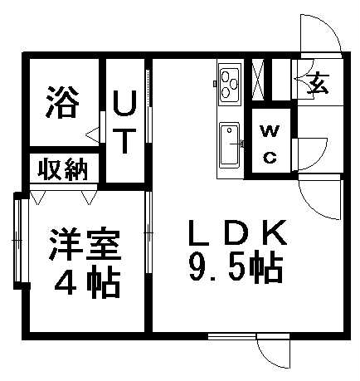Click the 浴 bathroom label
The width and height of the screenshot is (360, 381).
[63, 102]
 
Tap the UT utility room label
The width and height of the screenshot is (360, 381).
[125, 122]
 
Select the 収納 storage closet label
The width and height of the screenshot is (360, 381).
[63, 169]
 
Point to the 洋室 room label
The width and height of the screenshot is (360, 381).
[85, 243]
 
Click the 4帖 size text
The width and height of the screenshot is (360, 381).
[87, 282]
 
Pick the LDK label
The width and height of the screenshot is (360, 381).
[237, 233]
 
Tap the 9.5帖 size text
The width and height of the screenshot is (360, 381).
[236, 267]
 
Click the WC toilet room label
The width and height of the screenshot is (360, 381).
[270, 144]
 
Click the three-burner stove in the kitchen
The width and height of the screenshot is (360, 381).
[229, 84]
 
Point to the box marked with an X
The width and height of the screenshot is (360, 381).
[258, 79]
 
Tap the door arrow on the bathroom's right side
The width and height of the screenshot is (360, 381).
[92, 135]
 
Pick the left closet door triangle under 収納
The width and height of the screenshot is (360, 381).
[37, 198]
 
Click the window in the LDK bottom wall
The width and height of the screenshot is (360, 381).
[232, 336]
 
